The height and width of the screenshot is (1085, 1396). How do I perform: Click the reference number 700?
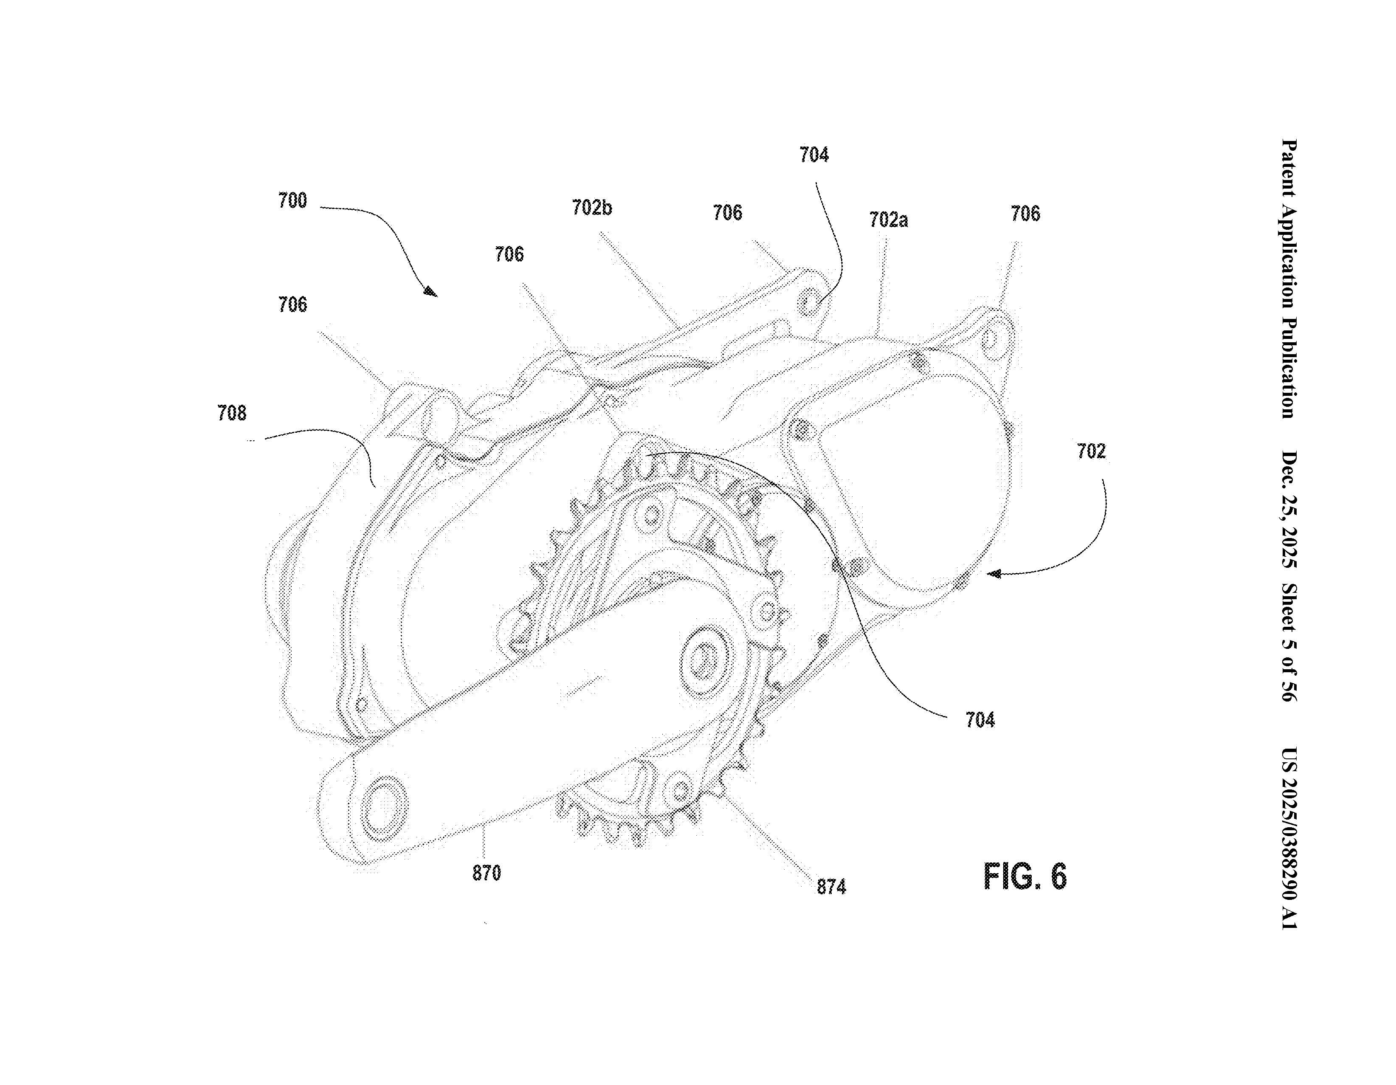click(292, 201)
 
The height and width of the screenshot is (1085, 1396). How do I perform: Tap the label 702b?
click(591, 208)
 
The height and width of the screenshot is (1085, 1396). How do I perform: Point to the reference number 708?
click(231, 413)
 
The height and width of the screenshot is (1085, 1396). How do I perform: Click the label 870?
click(487, 873)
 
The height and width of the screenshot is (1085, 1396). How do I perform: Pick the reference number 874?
click(831, 887)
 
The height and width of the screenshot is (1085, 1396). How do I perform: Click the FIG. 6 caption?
click(1024, 876)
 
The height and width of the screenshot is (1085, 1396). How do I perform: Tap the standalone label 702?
click(1091, 451)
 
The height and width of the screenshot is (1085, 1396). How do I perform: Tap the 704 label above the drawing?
click(813, 155)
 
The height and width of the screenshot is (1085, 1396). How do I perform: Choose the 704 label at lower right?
click(980, 721)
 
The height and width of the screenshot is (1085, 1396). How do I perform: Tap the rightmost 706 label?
click(1025, 214)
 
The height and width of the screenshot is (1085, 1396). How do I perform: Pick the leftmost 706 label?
click(292, 304)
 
